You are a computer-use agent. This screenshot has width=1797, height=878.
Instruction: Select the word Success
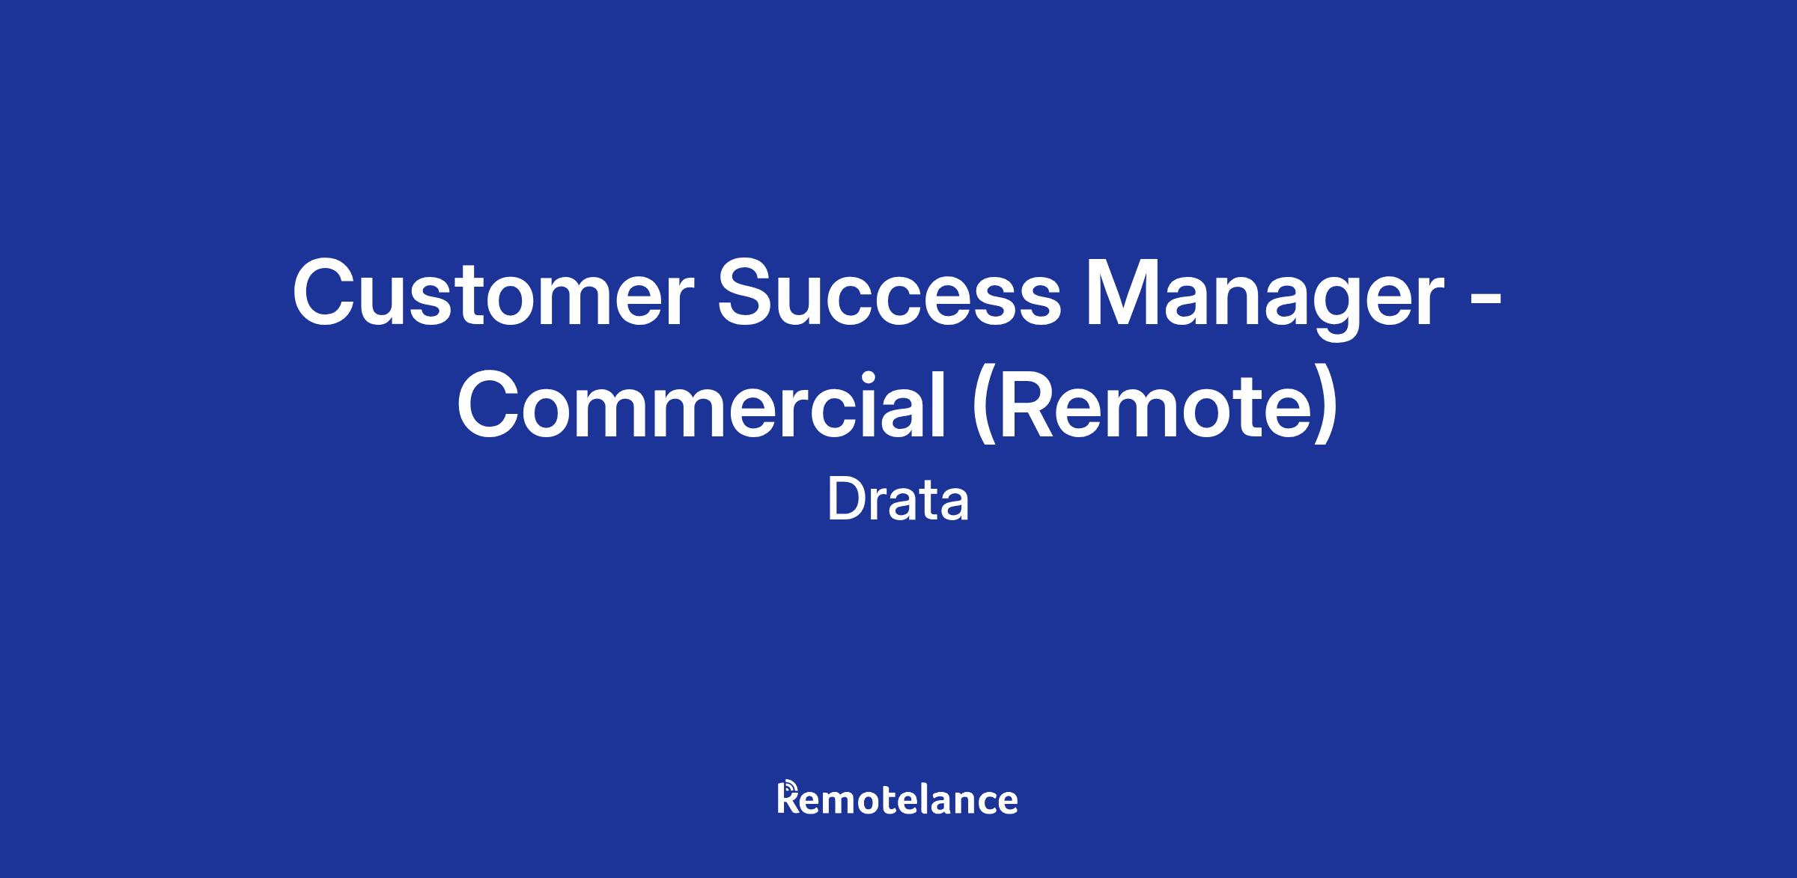(x=888, y=294)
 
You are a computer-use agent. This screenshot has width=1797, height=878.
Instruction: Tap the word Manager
(x=1265, y=299)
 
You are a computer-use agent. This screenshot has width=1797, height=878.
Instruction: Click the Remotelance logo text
(x=898, y=799)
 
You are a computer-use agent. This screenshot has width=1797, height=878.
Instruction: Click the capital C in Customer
(x=326, y=294)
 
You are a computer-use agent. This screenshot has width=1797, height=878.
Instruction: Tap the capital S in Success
(x=748, y=294)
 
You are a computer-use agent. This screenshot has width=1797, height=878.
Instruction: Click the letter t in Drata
(x=929, y=502)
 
